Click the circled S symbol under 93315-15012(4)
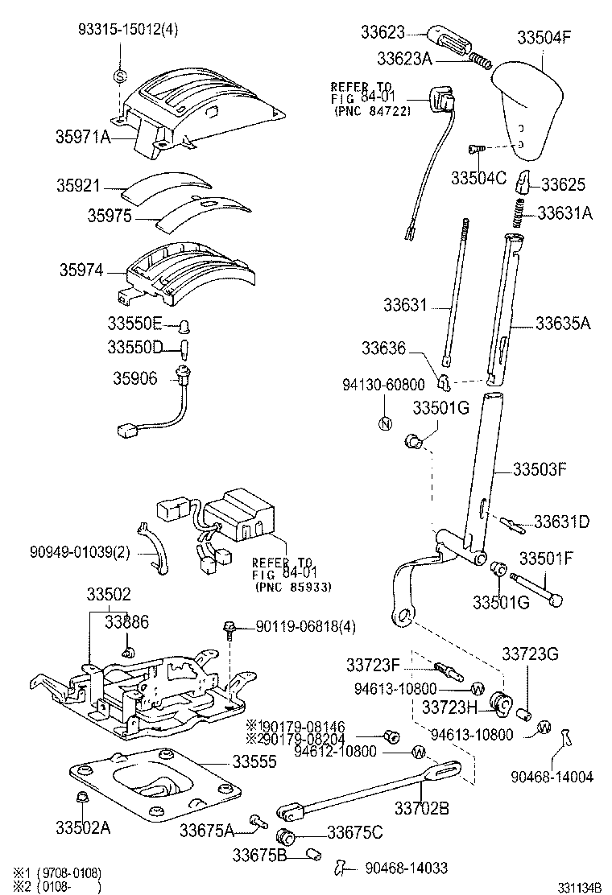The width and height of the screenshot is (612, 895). (x=119, y=76)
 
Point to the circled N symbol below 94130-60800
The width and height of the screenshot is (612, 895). (x=384, y=423)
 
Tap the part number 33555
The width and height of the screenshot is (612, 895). (x=256, y=761)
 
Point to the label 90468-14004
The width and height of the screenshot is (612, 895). (x=552, y=777)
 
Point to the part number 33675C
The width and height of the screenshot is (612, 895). (x=355, y=831)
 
